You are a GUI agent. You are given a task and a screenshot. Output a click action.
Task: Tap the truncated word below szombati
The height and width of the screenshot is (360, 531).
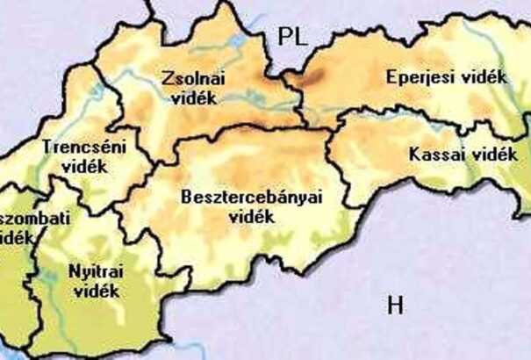tap(12, 236)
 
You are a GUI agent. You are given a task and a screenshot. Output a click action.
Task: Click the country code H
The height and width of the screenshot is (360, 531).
tap(395, 306)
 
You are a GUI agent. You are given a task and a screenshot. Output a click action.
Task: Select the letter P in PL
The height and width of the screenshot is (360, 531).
tap(283, 36)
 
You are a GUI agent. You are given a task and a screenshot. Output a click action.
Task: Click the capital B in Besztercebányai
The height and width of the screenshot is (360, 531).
tap(184, 198)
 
